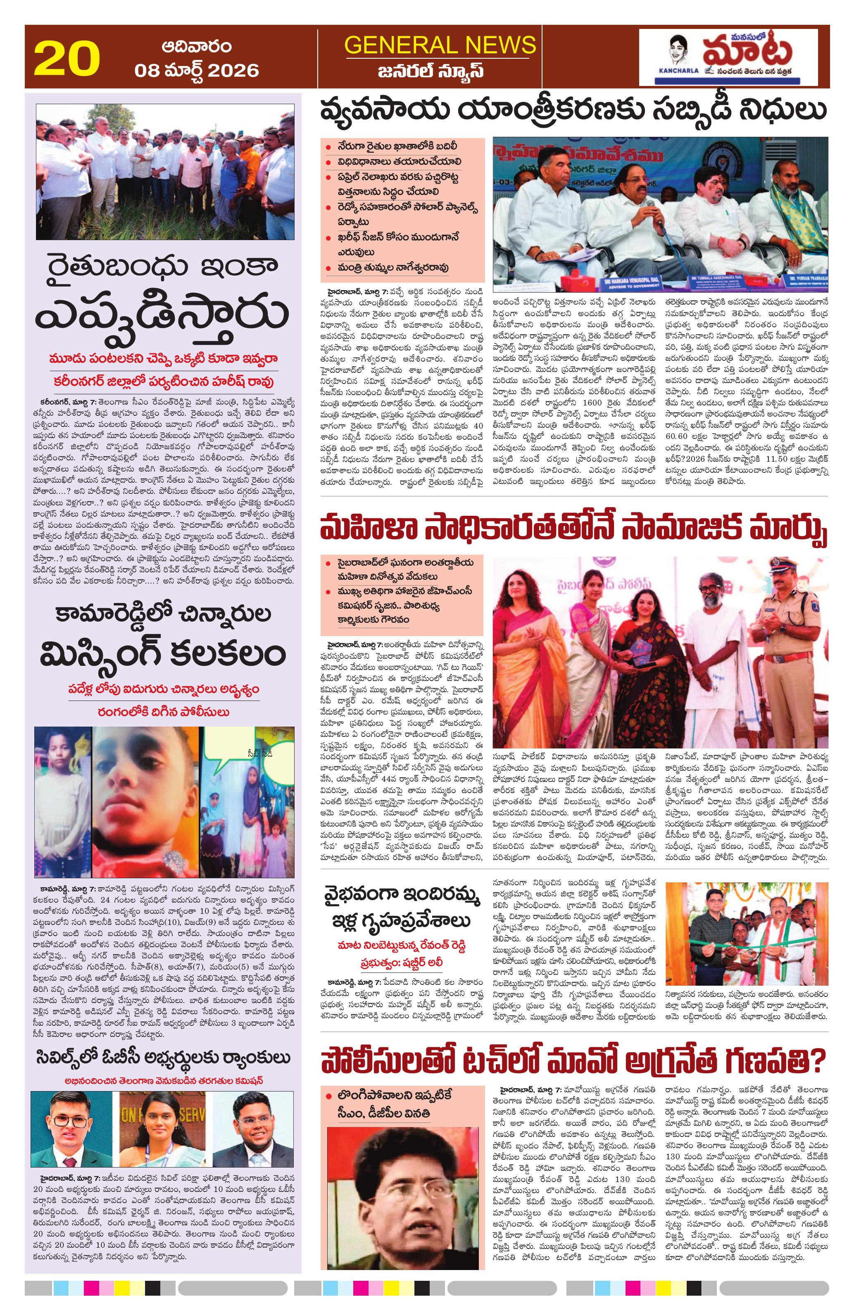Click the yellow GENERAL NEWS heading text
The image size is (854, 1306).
tap(439, 45)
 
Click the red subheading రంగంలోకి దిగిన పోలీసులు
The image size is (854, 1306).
tap(164, 712)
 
